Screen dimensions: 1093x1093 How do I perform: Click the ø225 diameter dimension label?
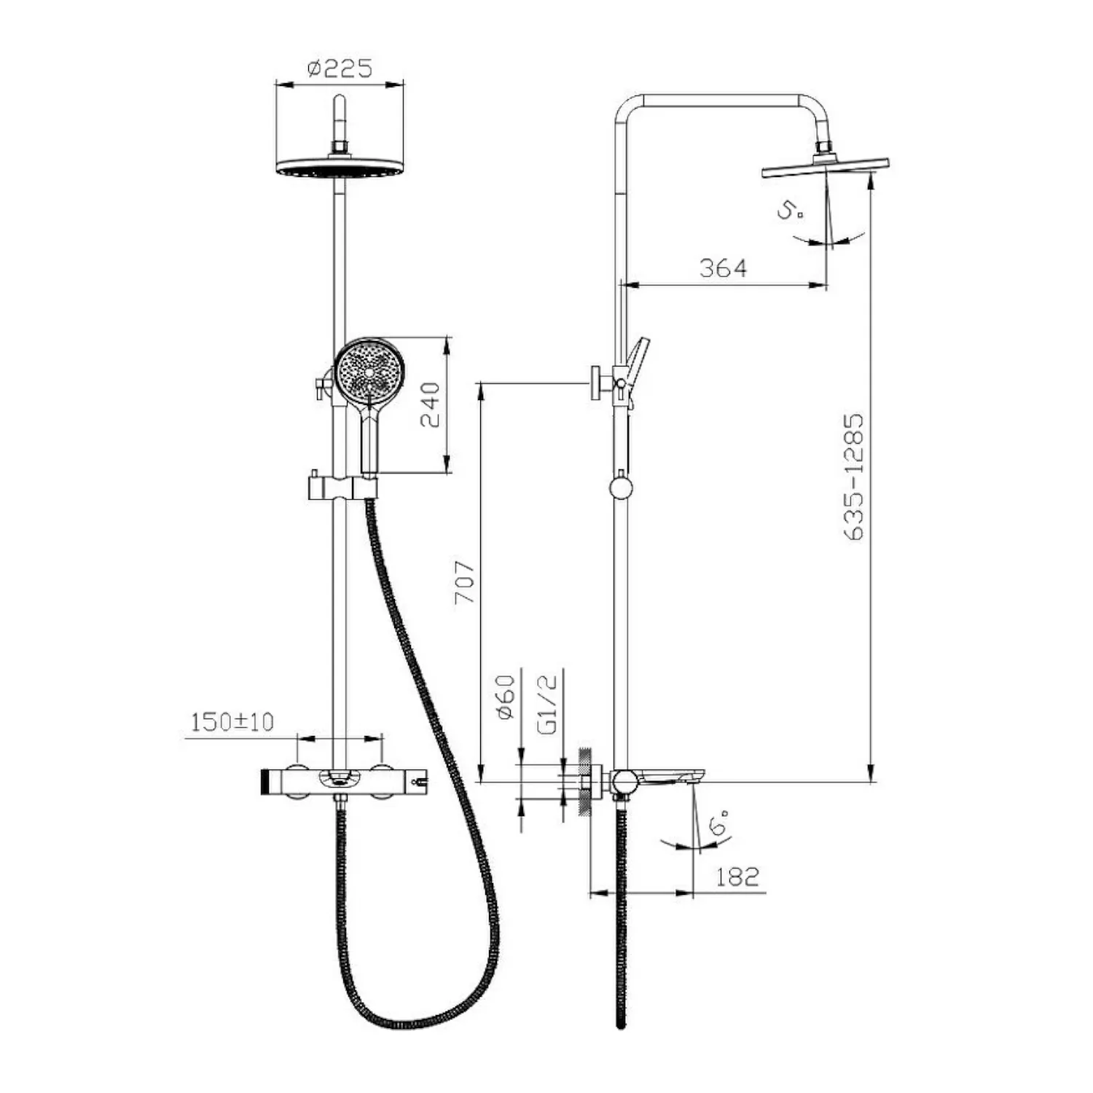pyautogui.click(x=339, y=68)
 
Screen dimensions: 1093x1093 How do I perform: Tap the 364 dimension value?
pyautogui.click(x=723, y=268)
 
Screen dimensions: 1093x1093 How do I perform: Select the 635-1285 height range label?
pyautogui.click(x=853, y=477)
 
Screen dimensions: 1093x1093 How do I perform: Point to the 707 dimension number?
pyautogui.click(x=464, y=582)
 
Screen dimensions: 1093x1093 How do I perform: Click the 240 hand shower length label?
pyautogui.click(x=430, y=404)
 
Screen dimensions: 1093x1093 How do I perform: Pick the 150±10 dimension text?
pyautogui.click(x=232, y=722)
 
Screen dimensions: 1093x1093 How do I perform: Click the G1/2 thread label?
pyautogui.click(x=547, y=704)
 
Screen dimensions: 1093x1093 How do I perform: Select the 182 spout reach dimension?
pyautogui.click(x=737, y=877)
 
